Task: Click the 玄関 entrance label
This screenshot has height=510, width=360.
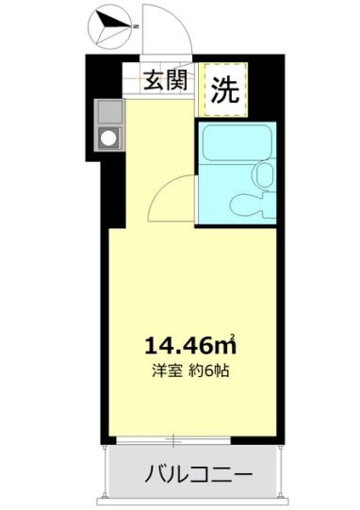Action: click(166, 80)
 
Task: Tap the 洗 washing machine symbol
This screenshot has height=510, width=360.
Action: click(224, 90)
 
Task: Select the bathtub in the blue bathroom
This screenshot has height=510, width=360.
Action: click(237, 142)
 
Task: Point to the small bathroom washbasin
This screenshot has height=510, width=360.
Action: click(264, 175)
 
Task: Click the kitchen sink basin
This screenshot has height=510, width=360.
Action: click(110, 111)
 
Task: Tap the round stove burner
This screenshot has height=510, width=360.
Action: click(108, 139)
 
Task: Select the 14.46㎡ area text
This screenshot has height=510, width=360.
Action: click(190, 345)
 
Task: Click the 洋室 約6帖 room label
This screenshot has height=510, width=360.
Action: click(191, 370)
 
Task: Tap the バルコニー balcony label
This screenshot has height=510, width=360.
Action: click(198, 475)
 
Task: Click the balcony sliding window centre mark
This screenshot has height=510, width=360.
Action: click(173, 441)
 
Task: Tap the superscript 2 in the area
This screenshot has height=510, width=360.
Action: click(233, 336)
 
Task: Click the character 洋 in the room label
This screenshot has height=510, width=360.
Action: click(159, 370)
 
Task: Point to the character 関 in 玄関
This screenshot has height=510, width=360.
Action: click(177, 80)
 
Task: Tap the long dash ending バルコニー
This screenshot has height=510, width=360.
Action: click(242, 475)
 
